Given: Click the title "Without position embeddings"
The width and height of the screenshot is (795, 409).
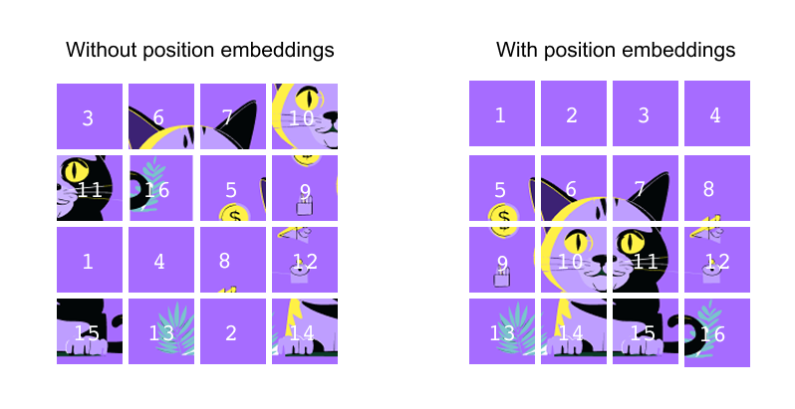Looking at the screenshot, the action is pos(199,50).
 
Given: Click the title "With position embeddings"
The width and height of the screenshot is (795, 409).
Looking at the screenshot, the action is pos(616,50).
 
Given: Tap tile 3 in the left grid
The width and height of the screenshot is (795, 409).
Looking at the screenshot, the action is pos(89,116).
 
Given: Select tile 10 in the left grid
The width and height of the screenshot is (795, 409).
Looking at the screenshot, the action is pos(304,116).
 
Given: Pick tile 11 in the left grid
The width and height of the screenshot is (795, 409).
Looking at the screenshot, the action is pos(89,188).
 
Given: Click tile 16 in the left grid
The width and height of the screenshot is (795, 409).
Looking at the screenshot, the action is pos(160,188).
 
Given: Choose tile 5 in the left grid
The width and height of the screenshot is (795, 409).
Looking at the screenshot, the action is pos(232,188).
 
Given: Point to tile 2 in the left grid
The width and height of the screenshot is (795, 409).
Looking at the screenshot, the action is pos(232,331).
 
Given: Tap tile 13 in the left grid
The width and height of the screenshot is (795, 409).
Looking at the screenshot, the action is pos(160,331).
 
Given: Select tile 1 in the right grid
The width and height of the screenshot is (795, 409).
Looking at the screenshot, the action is pos(501,114).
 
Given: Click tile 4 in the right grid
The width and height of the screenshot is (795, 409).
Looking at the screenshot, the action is pos(716,114).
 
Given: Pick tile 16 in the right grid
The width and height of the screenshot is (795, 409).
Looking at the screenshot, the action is pos(716,333).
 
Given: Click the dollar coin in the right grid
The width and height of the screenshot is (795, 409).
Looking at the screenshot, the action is pos(504,218).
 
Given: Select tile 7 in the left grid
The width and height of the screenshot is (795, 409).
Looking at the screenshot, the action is pos(232,116).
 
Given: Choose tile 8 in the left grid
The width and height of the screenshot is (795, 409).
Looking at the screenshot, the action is pos(232,260).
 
